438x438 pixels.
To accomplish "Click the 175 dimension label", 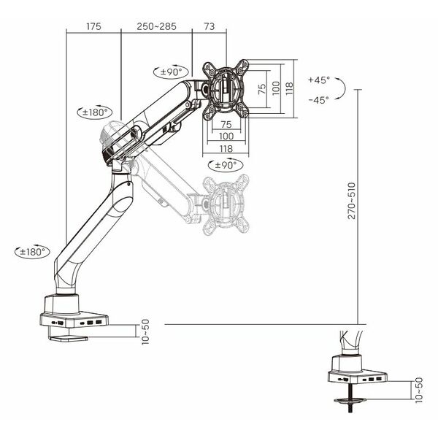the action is tap(93, 26).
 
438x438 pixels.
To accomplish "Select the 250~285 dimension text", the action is tap(156, 26).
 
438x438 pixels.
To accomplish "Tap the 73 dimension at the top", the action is tap(210, 26).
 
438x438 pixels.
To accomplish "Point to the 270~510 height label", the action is tap(352, 201).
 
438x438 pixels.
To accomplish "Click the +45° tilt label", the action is tap(319, 80).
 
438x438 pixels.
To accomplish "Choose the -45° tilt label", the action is tap(319, 100).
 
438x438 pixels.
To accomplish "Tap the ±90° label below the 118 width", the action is tap(226, 165).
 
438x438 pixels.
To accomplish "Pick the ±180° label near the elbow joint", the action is tap(95, 112).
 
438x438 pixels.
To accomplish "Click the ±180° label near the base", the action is tap(32, 252).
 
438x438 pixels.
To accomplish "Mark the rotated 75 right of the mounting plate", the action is tap(262, 89).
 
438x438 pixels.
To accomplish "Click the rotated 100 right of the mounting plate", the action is tap(276, 88).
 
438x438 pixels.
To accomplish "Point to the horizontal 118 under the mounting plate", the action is tap(226, 148).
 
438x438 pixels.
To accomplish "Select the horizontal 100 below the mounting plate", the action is tap(226, 136).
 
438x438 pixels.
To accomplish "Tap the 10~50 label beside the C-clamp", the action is tap(145, 332).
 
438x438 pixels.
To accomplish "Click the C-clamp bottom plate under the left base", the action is tap(68, 338).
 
